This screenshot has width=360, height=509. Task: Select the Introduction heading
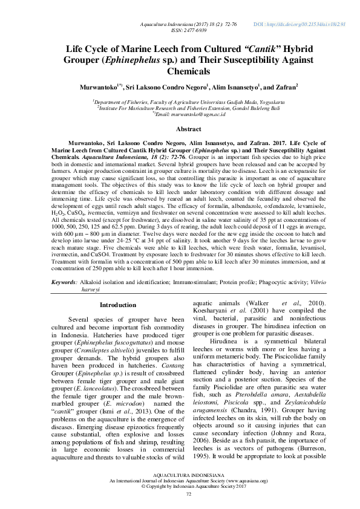117,305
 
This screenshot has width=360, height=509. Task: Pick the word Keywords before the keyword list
62,282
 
